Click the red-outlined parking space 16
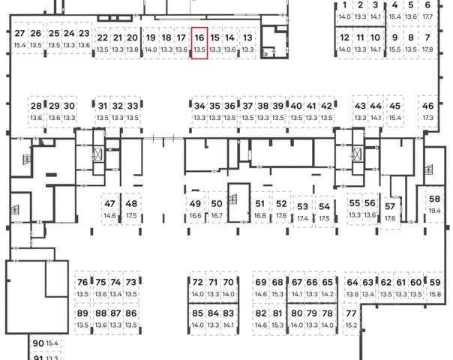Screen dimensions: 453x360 coord(199,43)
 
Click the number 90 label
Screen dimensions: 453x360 coord(38,343)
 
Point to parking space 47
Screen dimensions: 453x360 coord(110,209)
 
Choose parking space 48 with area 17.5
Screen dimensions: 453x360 coord(132,209)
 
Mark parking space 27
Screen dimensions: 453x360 coord(19,39)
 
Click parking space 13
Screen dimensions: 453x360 coord(247,43)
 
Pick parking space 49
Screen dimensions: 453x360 coord(195,209)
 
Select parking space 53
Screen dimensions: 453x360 coord(303,211)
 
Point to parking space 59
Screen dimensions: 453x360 coord(436,287)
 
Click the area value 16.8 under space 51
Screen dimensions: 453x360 coord(260,215)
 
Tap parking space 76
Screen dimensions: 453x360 coord(82,287)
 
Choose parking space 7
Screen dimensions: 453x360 coord(427,43)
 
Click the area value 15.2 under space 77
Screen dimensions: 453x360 coord(351,325)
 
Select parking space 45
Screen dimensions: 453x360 coord(394,111)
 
